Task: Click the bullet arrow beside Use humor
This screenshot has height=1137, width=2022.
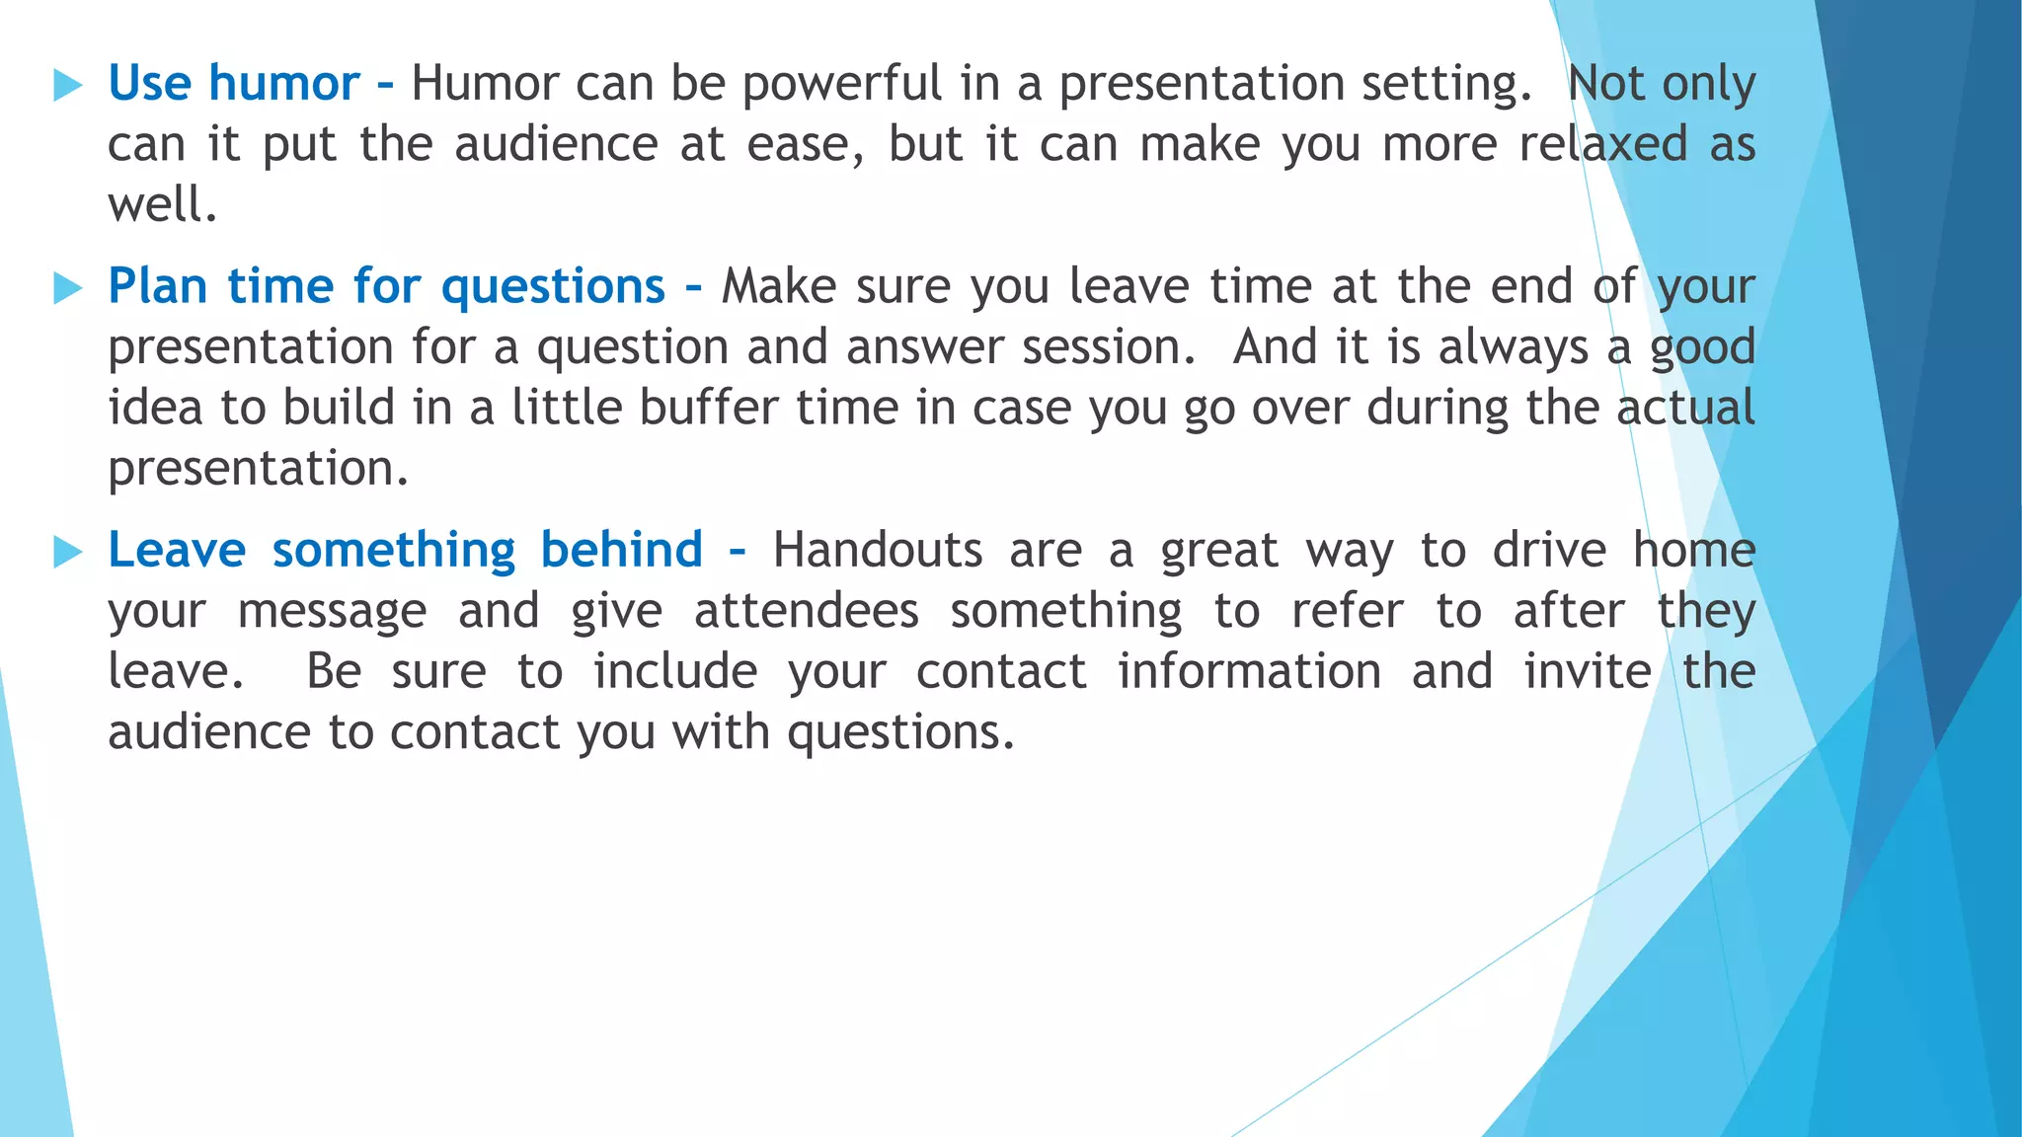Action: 67,86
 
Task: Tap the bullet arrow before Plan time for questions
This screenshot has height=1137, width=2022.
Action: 67,288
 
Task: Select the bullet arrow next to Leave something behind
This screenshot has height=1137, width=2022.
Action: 67,552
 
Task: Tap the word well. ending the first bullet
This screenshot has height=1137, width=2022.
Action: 162,205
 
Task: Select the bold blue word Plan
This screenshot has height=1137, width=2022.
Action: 158,287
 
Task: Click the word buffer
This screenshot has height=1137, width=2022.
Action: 709,408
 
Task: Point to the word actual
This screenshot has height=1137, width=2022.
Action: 1685,408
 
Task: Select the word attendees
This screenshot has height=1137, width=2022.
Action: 807,611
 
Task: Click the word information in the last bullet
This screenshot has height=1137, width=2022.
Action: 1249,671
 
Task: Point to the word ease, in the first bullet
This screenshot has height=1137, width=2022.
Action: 806,145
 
